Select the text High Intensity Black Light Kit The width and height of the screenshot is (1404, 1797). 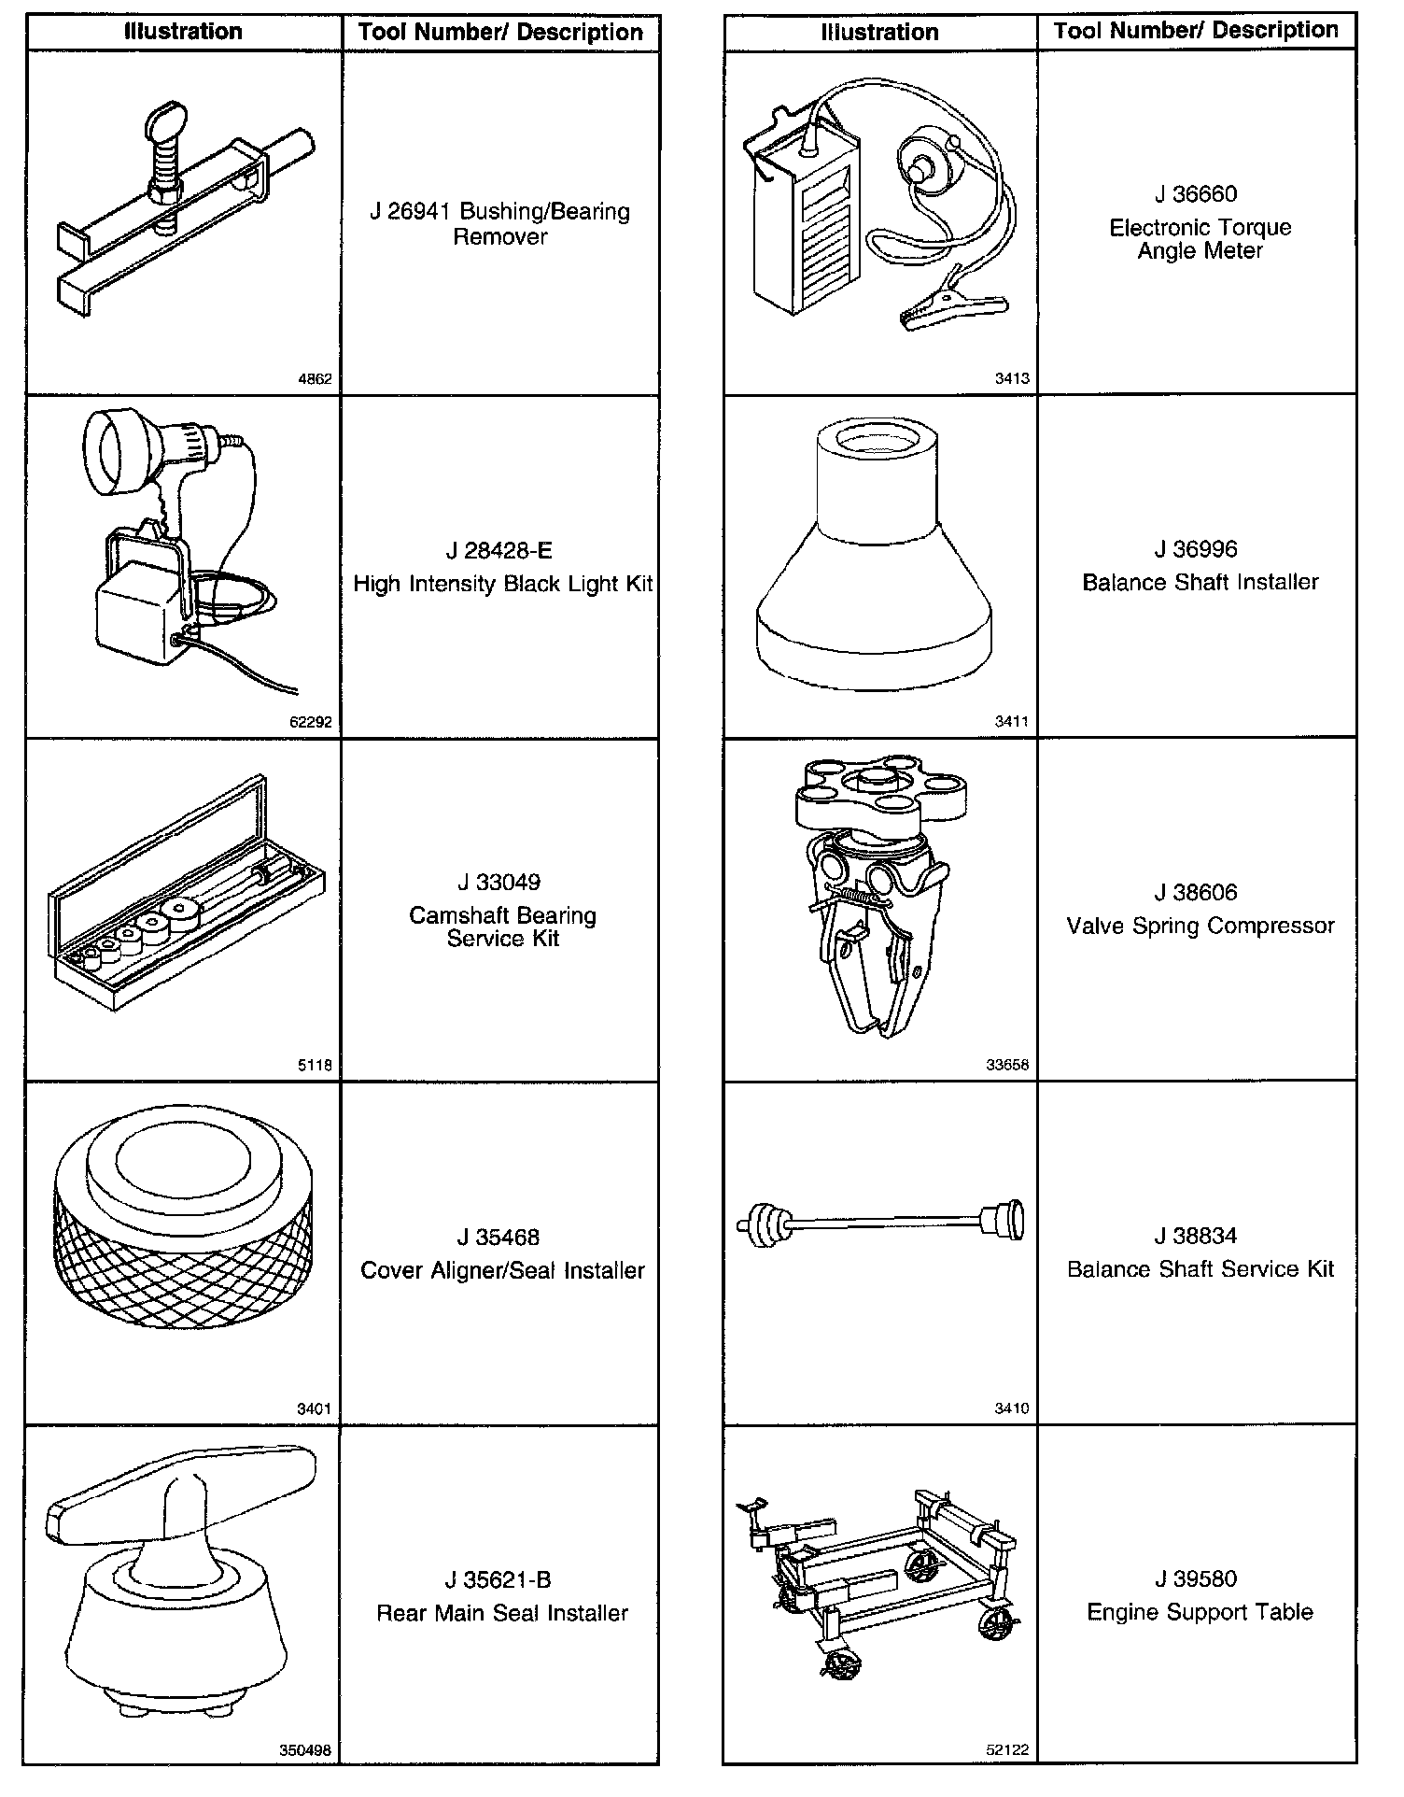[x=503, y=584]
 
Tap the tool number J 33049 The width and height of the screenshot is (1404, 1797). [x=498, y=882]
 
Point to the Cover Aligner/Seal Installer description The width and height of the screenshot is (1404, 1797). [x=502, y=1270]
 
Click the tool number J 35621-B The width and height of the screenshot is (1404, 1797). [x=498, y=1579]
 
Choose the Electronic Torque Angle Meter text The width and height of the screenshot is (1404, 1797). [x=1200, y=239]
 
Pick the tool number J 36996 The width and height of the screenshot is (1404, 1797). [x=1196, y=549]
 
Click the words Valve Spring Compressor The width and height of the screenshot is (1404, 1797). [x=1200, y=927]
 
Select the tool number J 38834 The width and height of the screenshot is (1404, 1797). [x=1196, y=1236]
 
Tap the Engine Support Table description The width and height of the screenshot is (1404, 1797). [x=1200, y=1612]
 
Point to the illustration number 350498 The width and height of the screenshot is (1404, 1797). [x=305, y=1750]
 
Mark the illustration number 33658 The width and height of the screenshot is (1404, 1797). [x=1007, y=1064]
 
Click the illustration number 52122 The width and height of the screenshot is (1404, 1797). [x=1007, y=1749]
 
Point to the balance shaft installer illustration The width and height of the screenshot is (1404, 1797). [x=874, y=555]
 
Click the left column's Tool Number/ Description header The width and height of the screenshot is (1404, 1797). [x=500, y=33]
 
